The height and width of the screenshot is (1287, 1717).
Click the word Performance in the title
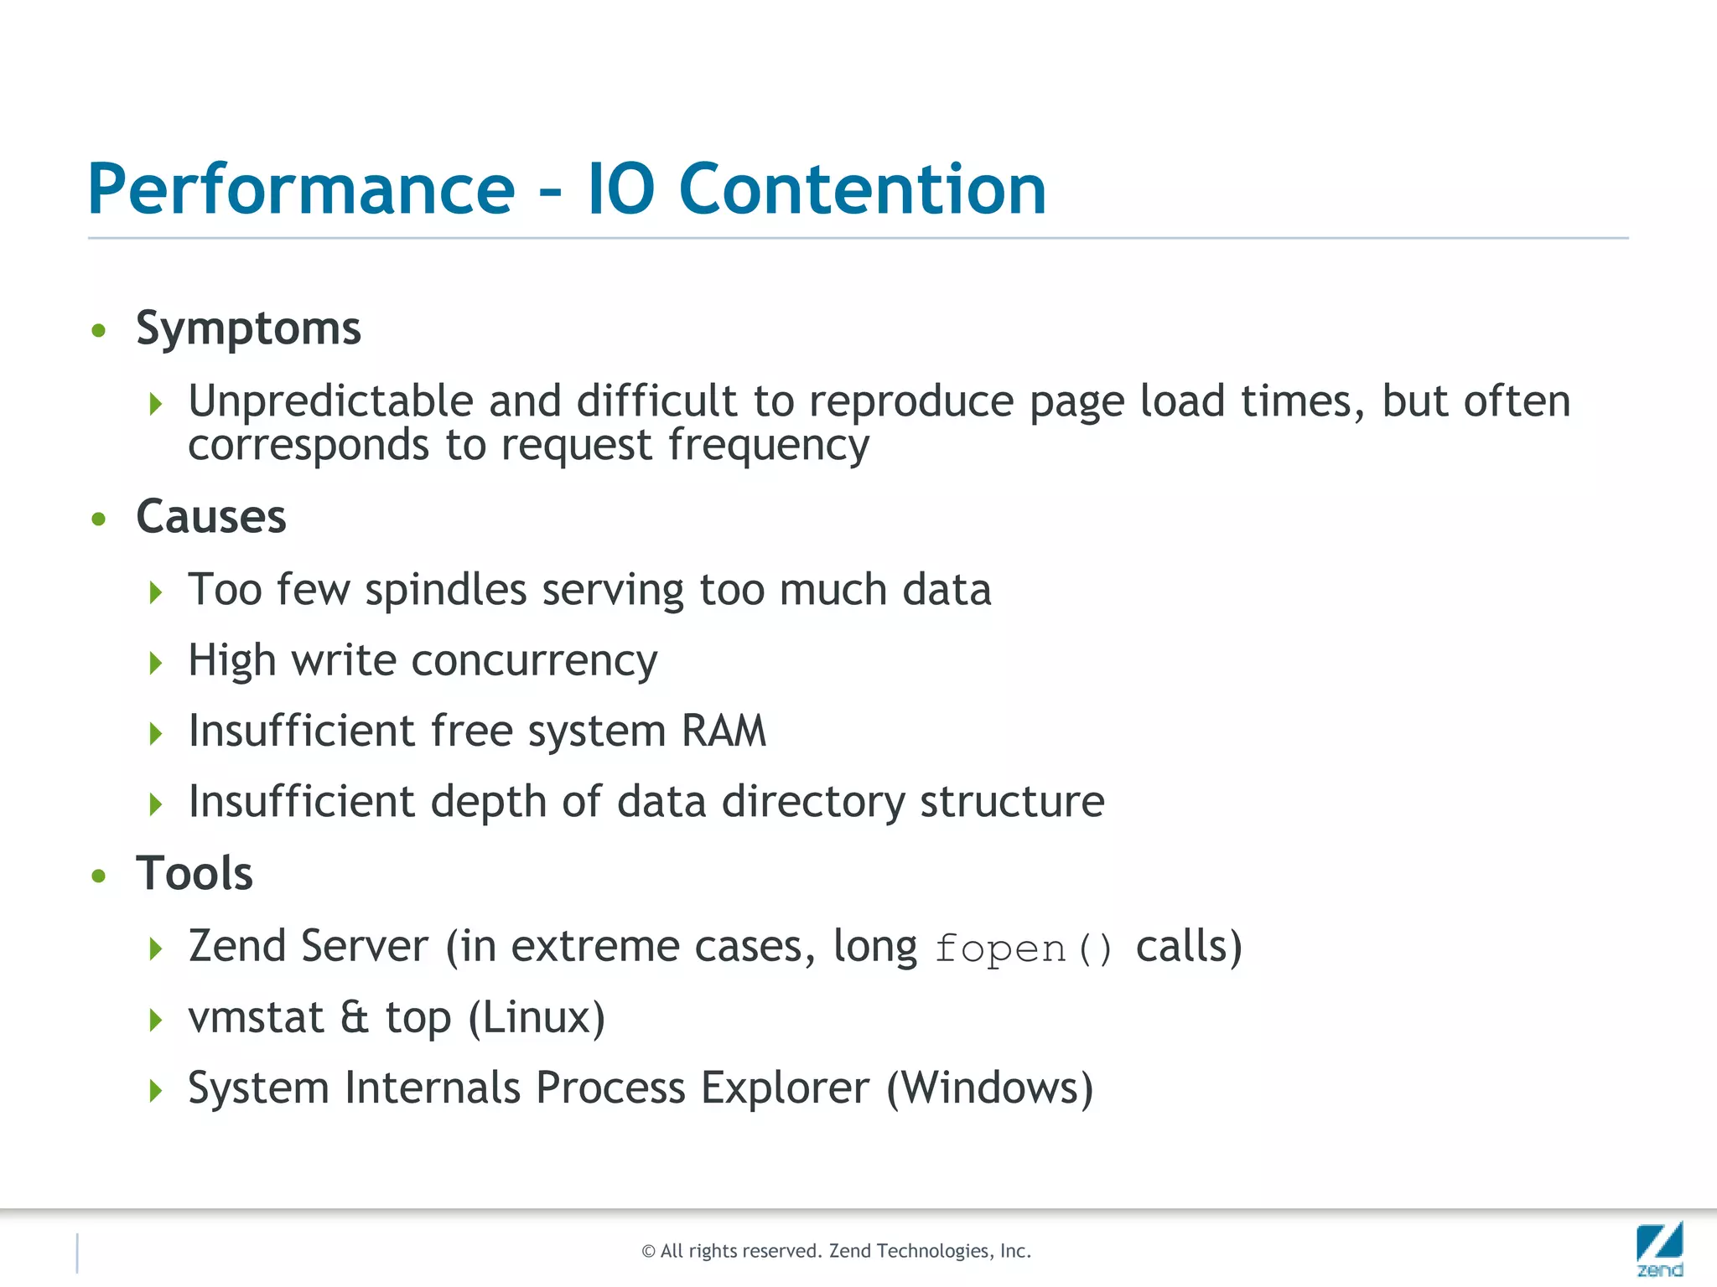click(301, 189)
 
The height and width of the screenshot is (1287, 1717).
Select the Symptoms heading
click(248, 328)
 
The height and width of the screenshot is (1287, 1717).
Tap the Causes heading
click(211, 517)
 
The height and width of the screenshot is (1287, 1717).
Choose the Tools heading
click(195, 874)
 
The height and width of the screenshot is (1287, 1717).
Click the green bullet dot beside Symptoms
click(99, 331)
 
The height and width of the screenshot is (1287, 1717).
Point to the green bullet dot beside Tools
click(99, 876)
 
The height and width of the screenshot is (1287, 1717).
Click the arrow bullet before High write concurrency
click(155, 664)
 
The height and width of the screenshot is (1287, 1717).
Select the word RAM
click(724, 731)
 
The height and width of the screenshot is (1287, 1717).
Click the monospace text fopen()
click(1024, 949)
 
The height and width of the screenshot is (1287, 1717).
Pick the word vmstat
click(256, 1018)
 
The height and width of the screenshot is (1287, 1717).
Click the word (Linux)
click(537, 1019)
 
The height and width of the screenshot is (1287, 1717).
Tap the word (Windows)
click(990, 1089)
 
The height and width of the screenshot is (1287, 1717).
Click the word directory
click(813, 802)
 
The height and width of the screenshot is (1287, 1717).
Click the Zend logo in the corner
click(1659, 1248)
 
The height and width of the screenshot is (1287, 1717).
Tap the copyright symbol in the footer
click(648, 1252)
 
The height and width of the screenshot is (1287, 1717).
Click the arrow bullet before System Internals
click(155, 1091)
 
